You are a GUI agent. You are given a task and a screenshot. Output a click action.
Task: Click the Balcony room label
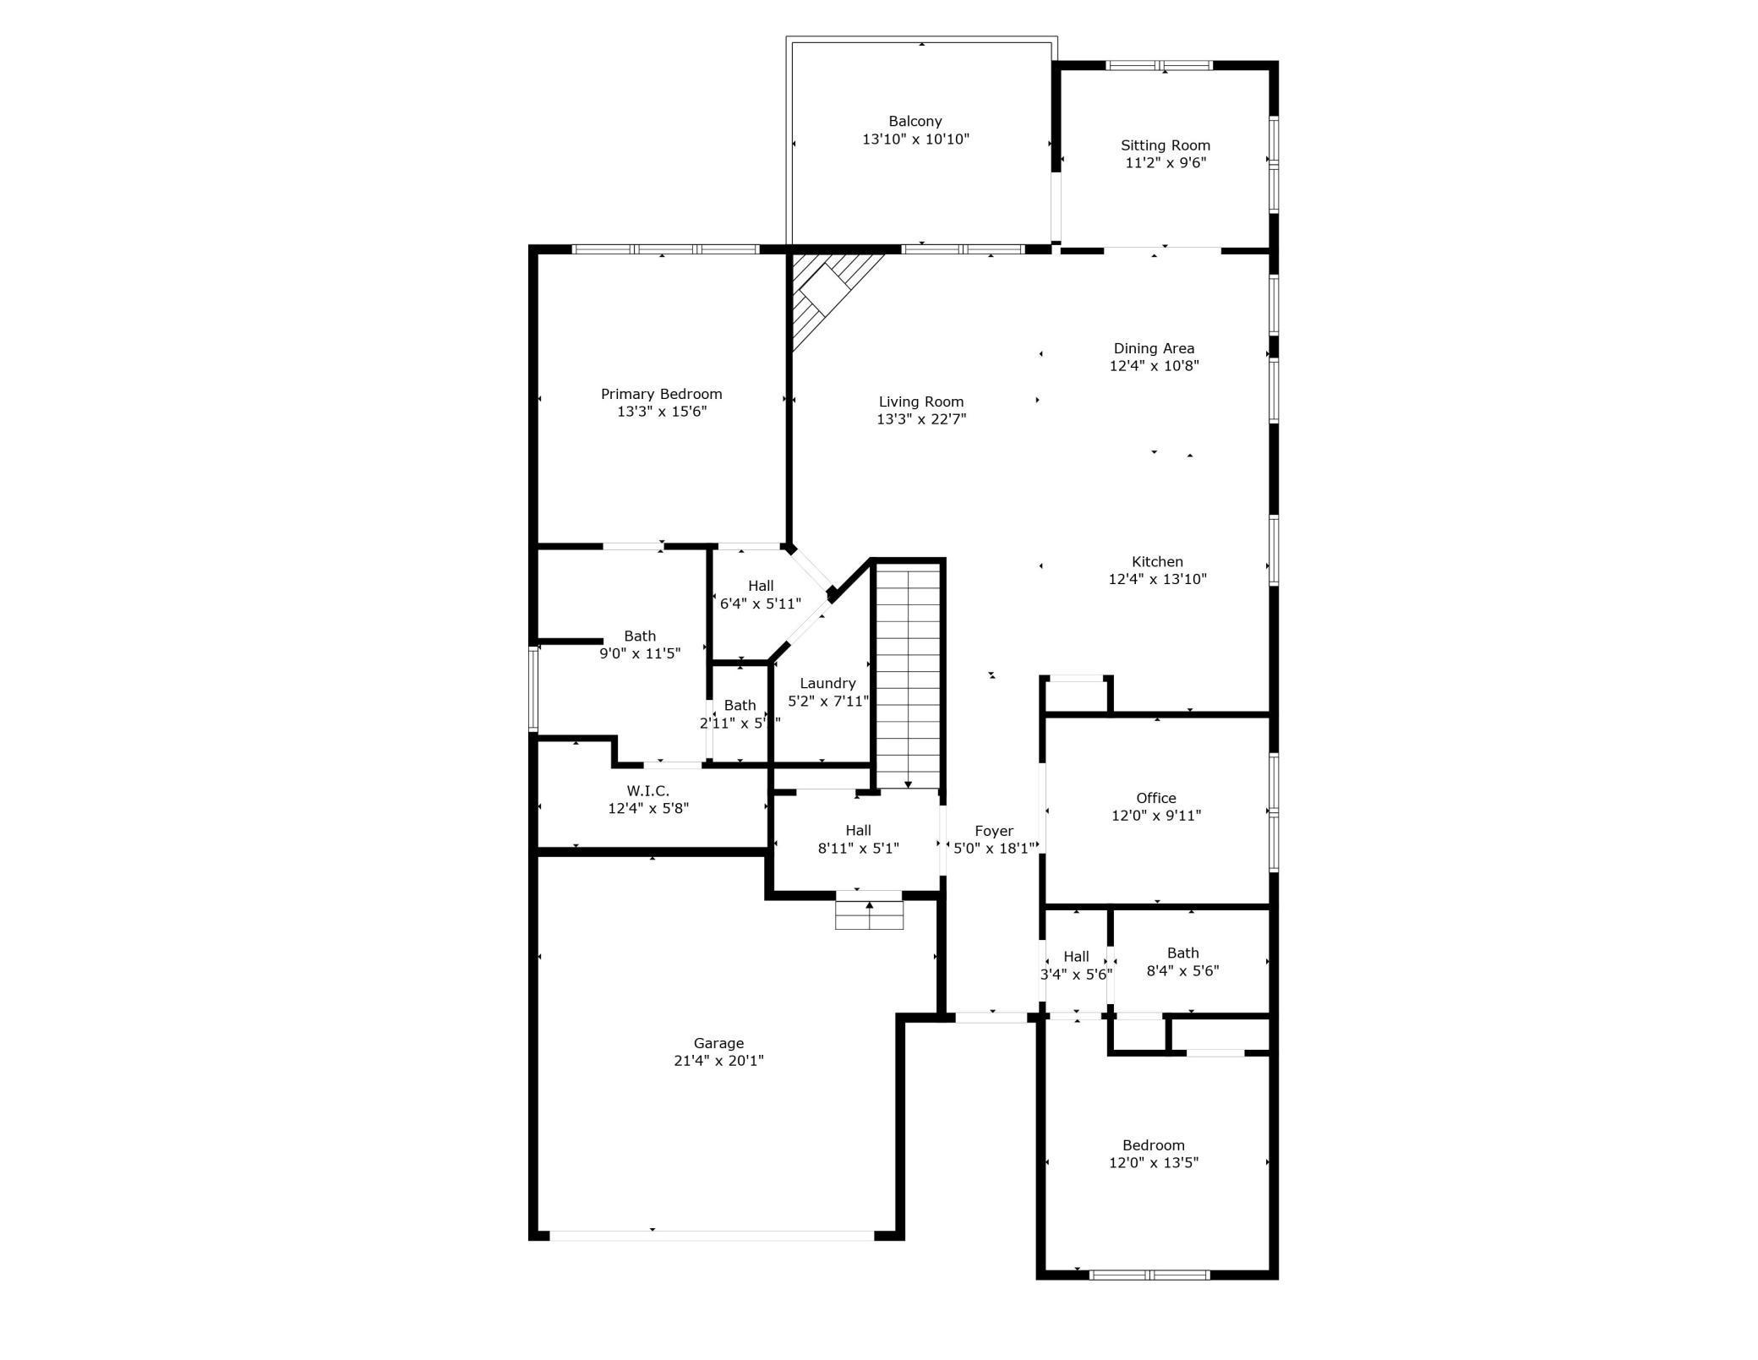[914, 122]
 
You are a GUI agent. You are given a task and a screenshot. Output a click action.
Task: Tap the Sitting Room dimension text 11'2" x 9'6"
[1165, 163]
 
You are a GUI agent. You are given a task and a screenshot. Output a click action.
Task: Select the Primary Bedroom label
[661, 394]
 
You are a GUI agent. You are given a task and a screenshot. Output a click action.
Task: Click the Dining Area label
[1154, 348]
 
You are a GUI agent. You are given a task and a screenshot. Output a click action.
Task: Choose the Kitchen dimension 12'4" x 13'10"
[1157, 580]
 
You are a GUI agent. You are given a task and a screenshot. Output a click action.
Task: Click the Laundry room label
[827, 683]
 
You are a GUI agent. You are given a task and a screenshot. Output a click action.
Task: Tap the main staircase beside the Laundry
[908, 676]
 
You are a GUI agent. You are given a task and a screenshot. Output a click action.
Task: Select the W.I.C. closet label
[648, 791]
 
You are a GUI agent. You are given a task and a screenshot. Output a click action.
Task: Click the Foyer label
[993, 831]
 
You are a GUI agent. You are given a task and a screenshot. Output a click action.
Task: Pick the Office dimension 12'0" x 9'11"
[1155, 816]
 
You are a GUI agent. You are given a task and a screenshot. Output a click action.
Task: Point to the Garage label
[718, 1043]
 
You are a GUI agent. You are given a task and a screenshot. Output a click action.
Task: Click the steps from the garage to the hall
[869, 915]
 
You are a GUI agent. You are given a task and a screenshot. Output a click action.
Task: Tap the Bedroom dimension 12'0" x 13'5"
[1154, 1163]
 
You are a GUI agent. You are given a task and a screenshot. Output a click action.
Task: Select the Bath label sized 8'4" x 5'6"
[1182, 953]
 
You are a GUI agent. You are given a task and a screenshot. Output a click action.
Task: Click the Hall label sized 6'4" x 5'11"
[761, 586]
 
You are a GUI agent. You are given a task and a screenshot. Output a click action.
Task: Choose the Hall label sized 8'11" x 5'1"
[858, 831]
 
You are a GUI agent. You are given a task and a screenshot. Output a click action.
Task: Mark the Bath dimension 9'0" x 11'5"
[640, 653]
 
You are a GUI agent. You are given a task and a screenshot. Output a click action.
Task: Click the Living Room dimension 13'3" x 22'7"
[920, 419]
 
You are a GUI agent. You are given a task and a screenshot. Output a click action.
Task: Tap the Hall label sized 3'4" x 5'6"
[1076, 957]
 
